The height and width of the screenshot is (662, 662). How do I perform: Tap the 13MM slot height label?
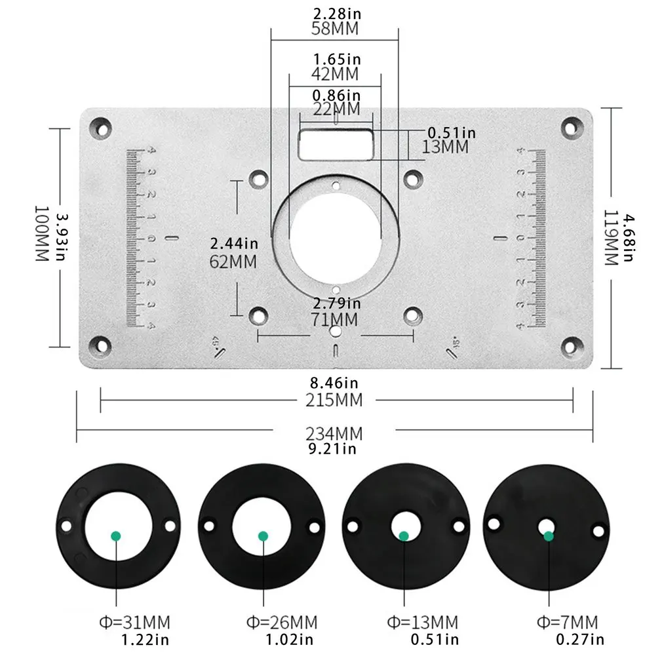tap(446, 147)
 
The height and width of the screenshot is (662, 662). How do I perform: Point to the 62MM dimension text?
tap(233, 262)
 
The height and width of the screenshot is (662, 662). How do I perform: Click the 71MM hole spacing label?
tap(336, 319)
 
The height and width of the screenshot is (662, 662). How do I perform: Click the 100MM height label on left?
tap(42, 234)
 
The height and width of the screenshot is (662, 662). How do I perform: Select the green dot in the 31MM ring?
tap(116, 535)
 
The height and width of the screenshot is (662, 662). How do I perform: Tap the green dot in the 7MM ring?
tap(549, 536)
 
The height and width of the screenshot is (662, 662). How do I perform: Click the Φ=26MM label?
tap(281, 621)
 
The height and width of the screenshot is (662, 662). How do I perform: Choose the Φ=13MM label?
tap(424, 621)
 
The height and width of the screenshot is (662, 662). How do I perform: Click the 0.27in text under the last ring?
tap(580, 639)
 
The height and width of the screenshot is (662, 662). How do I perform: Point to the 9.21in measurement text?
tap(332, 449)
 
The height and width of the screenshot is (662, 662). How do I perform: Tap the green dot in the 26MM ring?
tap(263, 536)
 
